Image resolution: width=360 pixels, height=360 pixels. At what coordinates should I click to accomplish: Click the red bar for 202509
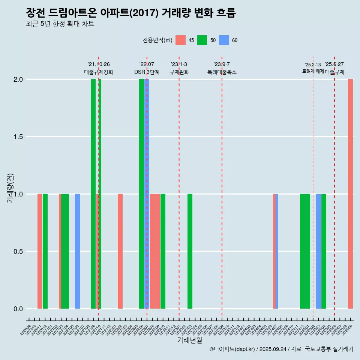pos(350,194)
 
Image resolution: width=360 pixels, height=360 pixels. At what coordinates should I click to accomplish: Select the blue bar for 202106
pos(77,251)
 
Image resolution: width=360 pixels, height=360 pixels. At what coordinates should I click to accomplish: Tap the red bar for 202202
pos(120,251)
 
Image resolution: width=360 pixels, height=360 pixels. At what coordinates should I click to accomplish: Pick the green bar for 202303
pos(190,251)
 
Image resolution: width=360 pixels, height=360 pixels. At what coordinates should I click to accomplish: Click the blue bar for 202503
pos(318,251)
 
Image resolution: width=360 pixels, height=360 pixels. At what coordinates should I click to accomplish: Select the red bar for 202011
pos(40,251)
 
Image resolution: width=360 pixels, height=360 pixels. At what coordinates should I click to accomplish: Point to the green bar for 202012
pos(45,251)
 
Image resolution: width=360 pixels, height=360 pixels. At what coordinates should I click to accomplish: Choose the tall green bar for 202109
pos(93,194)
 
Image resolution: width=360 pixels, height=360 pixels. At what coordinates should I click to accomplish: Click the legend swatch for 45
pos(181,40)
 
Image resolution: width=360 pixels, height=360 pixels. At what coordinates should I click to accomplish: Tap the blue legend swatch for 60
pos(224,40)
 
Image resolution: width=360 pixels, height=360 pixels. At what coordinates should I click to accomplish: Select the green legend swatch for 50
pos(202,40)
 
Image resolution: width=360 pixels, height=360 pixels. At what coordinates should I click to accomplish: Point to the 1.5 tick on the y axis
pos(18,137)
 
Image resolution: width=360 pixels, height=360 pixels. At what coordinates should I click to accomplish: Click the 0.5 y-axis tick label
pos(18,252)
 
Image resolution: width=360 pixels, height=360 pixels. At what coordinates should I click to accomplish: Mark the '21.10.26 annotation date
pos(99,64)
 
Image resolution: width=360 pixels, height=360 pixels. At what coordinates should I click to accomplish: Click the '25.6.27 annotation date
pos(334,64)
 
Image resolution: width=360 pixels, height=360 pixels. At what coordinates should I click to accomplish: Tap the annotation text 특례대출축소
pos(222,72)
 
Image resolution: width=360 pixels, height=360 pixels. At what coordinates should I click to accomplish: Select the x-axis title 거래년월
pos(189,340)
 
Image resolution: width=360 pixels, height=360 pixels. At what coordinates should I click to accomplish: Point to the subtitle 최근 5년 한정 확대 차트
pos(60,24)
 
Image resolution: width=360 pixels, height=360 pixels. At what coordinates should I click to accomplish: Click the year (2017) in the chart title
pos(145,13)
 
